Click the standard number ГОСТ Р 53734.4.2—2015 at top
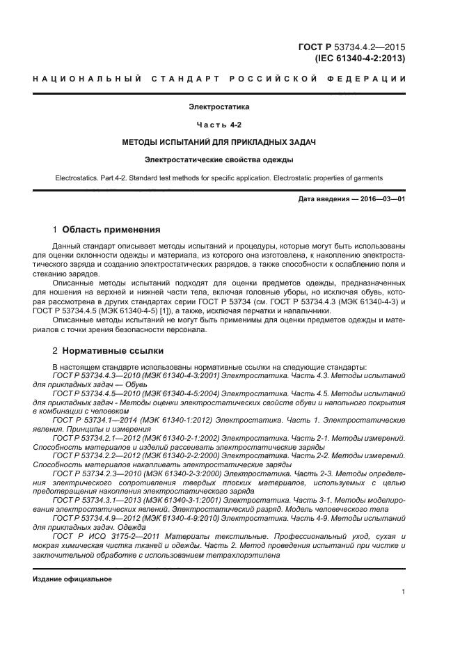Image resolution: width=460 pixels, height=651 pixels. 351,47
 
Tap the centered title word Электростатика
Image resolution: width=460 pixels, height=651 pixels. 219,107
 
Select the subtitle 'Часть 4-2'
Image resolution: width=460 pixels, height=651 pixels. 219,125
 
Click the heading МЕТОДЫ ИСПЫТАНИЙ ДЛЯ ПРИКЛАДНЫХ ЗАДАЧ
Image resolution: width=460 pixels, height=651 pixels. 219,142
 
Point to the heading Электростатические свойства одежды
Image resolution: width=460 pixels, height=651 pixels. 219,159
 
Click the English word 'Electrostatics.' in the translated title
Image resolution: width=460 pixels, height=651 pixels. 79,178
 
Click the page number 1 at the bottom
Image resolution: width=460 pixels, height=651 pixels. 403,592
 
